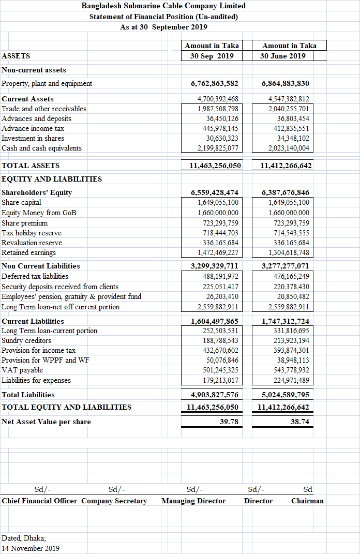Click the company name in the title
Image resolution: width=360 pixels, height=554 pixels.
(163, 6)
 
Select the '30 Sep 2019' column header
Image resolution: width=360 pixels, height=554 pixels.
(212, 56)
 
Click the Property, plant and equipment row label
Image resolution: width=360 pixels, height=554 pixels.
(47, 83)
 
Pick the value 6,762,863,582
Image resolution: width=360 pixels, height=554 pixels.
(214, 83)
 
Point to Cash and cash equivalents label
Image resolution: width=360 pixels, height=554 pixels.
(42, 148)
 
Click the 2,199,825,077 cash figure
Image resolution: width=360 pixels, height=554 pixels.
(218, 148)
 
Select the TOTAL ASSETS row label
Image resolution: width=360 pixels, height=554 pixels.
(31, 166)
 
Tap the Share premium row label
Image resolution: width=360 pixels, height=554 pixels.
(25, 223)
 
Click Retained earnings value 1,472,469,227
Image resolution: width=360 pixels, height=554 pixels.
(218, 253)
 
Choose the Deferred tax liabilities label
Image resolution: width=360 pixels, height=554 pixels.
(35, 276)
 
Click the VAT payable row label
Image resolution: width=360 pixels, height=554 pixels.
(22, 370)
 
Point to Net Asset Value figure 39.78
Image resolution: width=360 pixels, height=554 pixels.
(229, 422)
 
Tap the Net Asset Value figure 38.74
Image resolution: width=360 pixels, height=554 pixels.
(300, 422)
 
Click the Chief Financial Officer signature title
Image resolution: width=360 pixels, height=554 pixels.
(39, 501)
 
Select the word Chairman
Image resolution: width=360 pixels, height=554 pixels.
(307, 501)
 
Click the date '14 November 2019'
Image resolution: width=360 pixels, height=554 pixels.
(31, 548)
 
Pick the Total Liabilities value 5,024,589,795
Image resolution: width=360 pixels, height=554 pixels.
(286, 395)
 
